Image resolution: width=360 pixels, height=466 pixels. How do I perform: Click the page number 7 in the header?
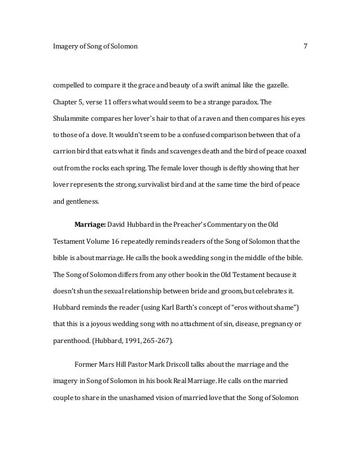[x=305, y=46]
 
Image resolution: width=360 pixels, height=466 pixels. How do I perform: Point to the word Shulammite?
[x=73, y=120]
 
